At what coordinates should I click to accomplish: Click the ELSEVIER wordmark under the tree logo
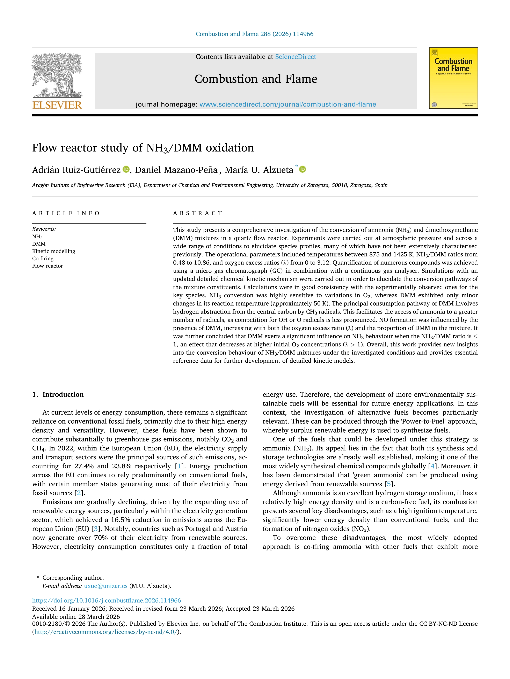[57, 105]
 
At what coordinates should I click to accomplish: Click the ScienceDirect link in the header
[296, 57]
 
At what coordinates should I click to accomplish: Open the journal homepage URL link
[287, 104]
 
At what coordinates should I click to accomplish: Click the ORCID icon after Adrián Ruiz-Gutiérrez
[126, 169]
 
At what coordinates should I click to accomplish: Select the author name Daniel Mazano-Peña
[176, 170]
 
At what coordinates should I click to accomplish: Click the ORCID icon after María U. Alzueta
[303, 169]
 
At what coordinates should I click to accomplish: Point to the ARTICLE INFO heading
[66, 213]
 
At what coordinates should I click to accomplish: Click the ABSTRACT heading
[197, 213]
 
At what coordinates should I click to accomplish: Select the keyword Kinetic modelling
[53, 251]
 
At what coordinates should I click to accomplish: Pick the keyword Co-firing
[43, 259]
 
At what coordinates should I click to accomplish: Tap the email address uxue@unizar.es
[105, 586]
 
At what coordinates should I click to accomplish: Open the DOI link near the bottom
[106, 600]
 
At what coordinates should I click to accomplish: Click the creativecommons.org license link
[106, 632]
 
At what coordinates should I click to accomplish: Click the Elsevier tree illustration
[57, 75]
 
